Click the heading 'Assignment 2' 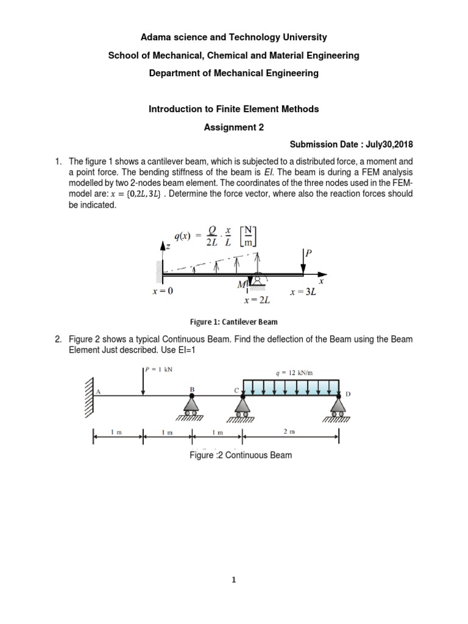234,127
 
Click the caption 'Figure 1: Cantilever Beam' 233,321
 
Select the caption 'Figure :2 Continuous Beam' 241,455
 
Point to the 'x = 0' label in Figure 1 163,291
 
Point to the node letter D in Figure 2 349,394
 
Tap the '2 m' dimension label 291,432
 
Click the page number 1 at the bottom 234,581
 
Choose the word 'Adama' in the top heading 156,37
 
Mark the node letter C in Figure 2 237,388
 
